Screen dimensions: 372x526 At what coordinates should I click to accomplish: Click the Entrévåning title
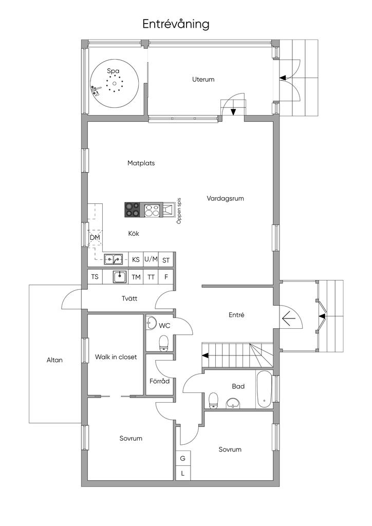pyautogui.click(x=176, y=24)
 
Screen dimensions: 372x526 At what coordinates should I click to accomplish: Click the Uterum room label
pyautogui.click(x=203, y=80)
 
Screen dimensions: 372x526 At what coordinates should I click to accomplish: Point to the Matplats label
pyautogui.click(x=141, y=163)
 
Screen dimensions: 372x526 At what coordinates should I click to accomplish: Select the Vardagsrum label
pyautogui.click(x=225, y=198)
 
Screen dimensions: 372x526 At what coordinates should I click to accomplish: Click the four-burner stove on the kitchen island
pyautogui.click(x=132, y=210)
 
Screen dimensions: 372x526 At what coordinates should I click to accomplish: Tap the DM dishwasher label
pyautogui.click(x=95, y=238)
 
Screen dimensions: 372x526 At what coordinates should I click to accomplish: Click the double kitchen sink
pyautogui.click(x=113, y=259)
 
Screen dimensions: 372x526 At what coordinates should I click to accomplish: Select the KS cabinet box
pyautogui.click(x=136, y=259)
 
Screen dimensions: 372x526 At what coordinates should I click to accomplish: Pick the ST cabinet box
pyautogui.click(x=166, y=260)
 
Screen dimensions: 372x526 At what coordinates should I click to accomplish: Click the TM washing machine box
pyautogui.click(x=136, y=277)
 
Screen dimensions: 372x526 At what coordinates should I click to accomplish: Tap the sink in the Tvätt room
pyautogui.click(x=119, y=277)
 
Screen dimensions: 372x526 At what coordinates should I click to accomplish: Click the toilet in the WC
pyautogui.click(x=164, y=343)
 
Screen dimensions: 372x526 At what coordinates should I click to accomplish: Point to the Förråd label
pyautogui.click(x=160, y=381)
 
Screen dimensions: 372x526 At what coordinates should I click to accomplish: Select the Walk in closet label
pyautogui.click(x=116, y=357)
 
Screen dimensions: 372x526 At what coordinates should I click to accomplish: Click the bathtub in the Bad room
pyautogui.click(x=265, y=389)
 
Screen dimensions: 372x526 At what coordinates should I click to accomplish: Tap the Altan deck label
pyautogui.click(x=54, y=360)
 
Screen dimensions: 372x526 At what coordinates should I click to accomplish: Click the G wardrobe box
pyautogui.click(x=183, y=458)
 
